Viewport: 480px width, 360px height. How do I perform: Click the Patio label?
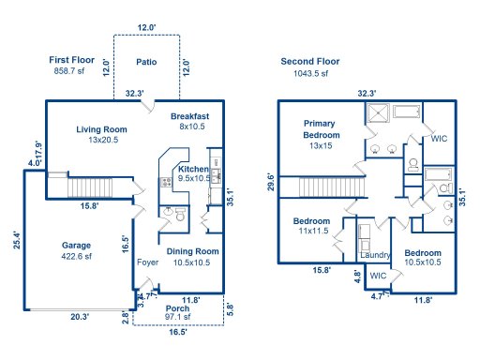coord(145,63)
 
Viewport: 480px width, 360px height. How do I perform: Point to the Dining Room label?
coord(193,251)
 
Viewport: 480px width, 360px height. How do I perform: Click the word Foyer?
coord(148,262)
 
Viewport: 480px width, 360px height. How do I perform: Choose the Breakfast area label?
coord(189,116)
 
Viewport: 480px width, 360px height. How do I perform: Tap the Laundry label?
coord(375,255)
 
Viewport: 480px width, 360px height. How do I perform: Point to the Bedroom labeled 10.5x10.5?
coord(423,253)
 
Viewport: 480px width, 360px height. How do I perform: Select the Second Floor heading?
coord(310,61)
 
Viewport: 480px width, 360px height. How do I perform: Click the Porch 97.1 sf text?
coord(177,313)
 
